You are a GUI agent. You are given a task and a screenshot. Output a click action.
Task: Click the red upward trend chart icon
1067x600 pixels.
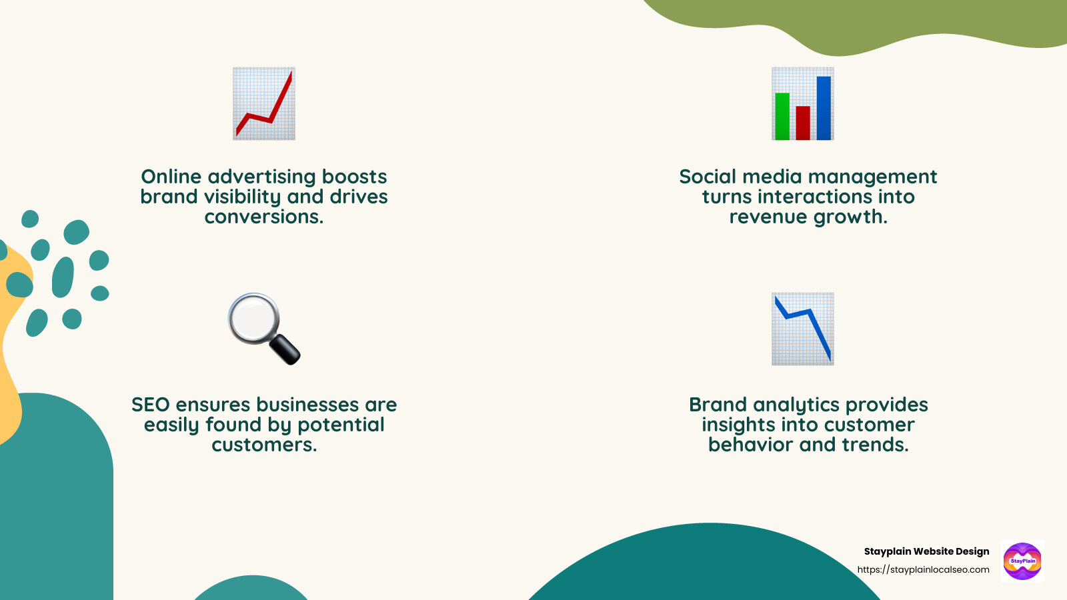pos(264,103)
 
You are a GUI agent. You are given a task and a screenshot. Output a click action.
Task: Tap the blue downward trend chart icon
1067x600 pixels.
pos(803,329)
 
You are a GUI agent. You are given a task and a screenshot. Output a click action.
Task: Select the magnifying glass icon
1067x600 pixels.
pos(263,328)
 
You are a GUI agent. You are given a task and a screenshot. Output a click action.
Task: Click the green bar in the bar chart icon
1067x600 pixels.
pos(782,116)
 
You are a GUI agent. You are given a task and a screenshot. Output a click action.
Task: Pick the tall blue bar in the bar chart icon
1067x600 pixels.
pos(824,108)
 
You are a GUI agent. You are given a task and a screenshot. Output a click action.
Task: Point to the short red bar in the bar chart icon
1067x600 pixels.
pos(803,123)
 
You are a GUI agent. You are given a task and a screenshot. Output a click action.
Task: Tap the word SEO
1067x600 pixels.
pos(151,405)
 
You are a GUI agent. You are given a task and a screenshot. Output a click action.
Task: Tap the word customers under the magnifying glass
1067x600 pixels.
pos(264,445)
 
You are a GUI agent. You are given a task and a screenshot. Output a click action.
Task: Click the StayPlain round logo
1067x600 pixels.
pos(1022,561)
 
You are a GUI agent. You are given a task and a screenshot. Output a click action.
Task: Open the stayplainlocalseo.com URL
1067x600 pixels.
pos(923,570)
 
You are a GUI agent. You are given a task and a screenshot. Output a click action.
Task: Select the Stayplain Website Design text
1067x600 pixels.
pos(926,551)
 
